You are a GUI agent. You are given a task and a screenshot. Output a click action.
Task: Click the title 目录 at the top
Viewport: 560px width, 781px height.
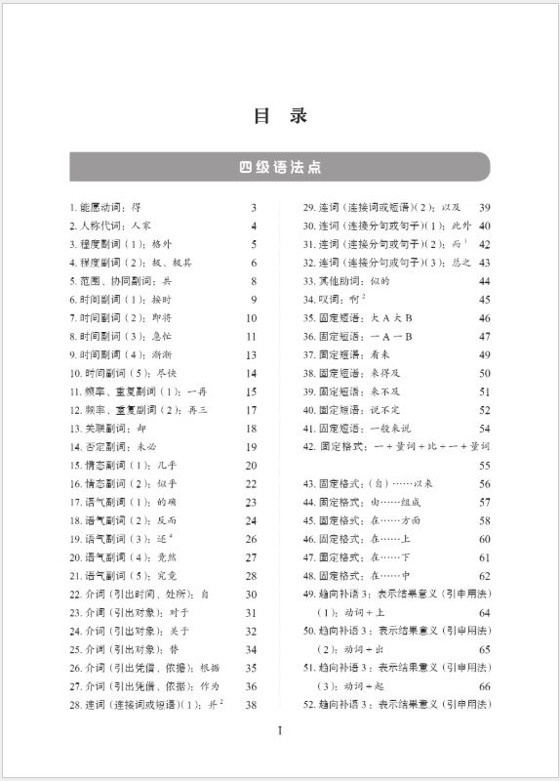pyautogui.click(x=280, y=115)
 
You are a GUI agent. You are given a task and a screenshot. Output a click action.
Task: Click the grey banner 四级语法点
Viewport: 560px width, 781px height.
pyautogui.click(x=280, y=167)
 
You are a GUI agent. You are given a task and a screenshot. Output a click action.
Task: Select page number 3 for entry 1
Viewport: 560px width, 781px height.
pyautogui.click(x=254, y=207)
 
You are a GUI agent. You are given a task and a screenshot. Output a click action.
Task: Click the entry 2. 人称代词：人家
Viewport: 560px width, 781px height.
pyautogui.click(x=110, y=226)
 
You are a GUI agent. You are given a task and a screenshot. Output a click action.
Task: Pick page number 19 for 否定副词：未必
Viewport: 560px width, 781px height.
pyautogui.click(x=252, y=447)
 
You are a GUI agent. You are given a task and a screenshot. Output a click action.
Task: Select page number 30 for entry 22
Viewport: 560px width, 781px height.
pyautogui.click(x=252, y=595)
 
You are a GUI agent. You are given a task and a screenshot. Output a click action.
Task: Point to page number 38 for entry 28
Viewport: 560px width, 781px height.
pyautogui.click(x=252, y=705)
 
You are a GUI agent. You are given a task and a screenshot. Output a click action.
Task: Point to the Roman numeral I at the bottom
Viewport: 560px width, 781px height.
pyautogui.click(x=280, y=731)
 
